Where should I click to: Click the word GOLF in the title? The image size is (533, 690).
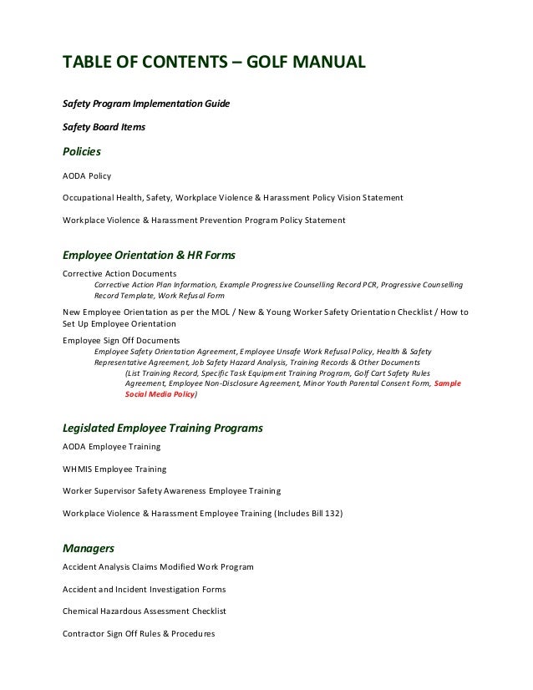coord(272,63)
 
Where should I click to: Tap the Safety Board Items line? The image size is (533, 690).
coord(104,128)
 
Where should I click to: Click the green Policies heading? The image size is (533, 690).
coord(82,152)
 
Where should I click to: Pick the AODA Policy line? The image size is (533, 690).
coord(87,176)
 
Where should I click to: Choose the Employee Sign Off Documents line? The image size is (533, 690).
coord(121,340)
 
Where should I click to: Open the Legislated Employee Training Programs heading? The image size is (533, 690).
coord(163,428)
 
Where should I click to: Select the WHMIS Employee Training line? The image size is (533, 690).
coord(114,469)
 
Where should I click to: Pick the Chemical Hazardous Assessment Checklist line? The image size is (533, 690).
coord(144,611)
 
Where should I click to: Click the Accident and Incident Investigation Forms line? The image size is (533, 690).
coord(144,589)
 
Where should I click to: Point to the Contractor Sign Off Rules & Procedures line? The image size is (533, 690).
coord(139,633)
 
